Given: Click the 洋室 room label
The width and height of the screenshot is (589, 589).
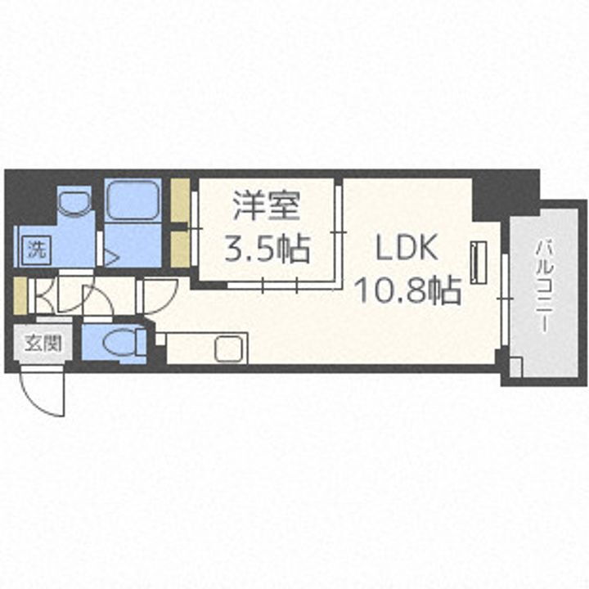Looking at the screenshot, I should click(267, 206).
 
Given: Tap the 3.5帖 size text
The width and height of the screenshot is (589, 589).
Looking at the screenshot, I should click(267, 249).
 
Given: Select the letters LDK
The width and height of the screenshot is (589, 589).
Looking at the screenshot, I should click(407, 248).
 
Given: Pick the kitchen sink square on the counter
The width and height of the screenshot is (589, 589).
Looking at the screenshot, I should click(227, 349).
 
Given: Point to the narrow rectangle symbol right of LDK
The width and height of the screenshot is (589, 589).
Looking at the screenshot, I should click(480, 260).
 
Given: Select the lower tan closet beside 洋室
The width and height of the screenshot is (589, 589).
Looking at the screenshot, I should click(180, 249).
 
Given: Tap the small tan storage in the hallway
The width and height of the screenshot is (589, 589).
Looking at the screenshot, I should click(21, 295).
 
